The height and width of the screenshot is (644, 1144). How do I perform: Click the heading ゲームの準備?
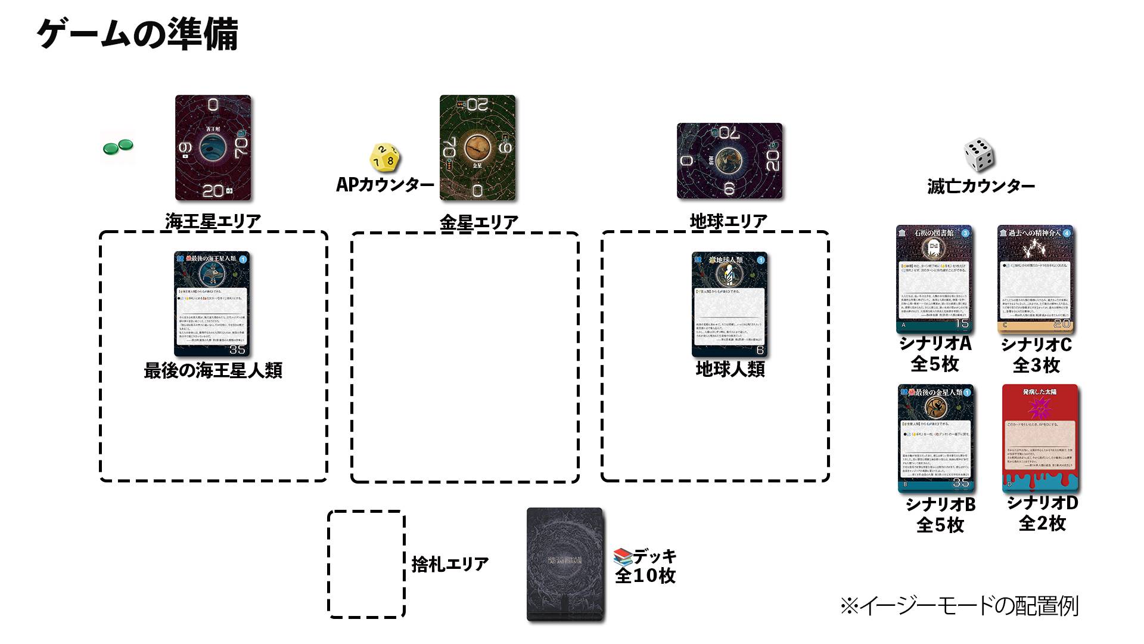(x=138, y=34)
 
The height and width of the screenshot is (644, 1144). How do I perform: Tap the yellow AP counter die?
(x=385, y=157)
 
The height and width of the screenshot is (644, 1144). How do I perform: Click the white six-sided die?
(x=979, y=154)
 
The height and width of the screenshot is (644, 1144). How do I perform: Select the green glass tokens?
(x=118, y=147)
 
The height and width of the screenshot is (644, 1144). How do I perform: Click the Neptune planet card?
(x=213, y=147)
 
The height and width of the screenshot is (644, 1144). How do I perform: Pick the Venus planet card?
(x=477, y=147)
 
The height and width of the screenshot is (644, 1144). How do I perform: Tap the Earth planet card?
(x=729, y=160)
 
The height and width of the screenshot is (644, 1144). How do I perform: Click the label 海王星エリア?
(x=213, y=221)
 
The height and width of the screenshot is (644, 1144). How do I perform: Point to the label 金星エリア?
(x=478, y=222)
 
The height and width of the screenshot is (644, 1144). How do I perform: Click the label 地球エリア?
(x=728, y=221)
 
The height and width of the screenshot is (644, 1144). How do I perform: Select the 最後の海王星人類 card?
(x=212, y=304)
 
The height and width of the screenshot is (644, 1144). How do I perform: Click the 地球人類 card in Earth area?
(x=729, y=304)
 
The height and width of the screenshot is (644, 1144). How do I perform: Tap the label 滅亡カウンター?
(x=981, y=187)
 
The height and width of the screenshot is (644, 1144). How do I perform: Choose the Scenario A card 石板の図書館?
(x=934, y=278)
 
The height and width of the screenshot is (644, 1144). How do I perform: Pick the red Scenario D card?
(x=1040, y=438)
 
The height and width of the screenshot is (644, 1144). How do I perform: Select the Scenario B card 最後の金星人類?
(x=935, y=438)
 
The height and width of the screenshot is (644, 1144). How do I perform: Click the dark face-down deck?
(x=564, y=563)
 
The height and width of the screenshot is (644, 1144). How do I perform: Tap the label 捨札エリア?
(x=450, y=563)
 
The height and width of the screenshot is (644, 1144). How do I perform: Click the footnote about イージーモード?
(x=959, y=606)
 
